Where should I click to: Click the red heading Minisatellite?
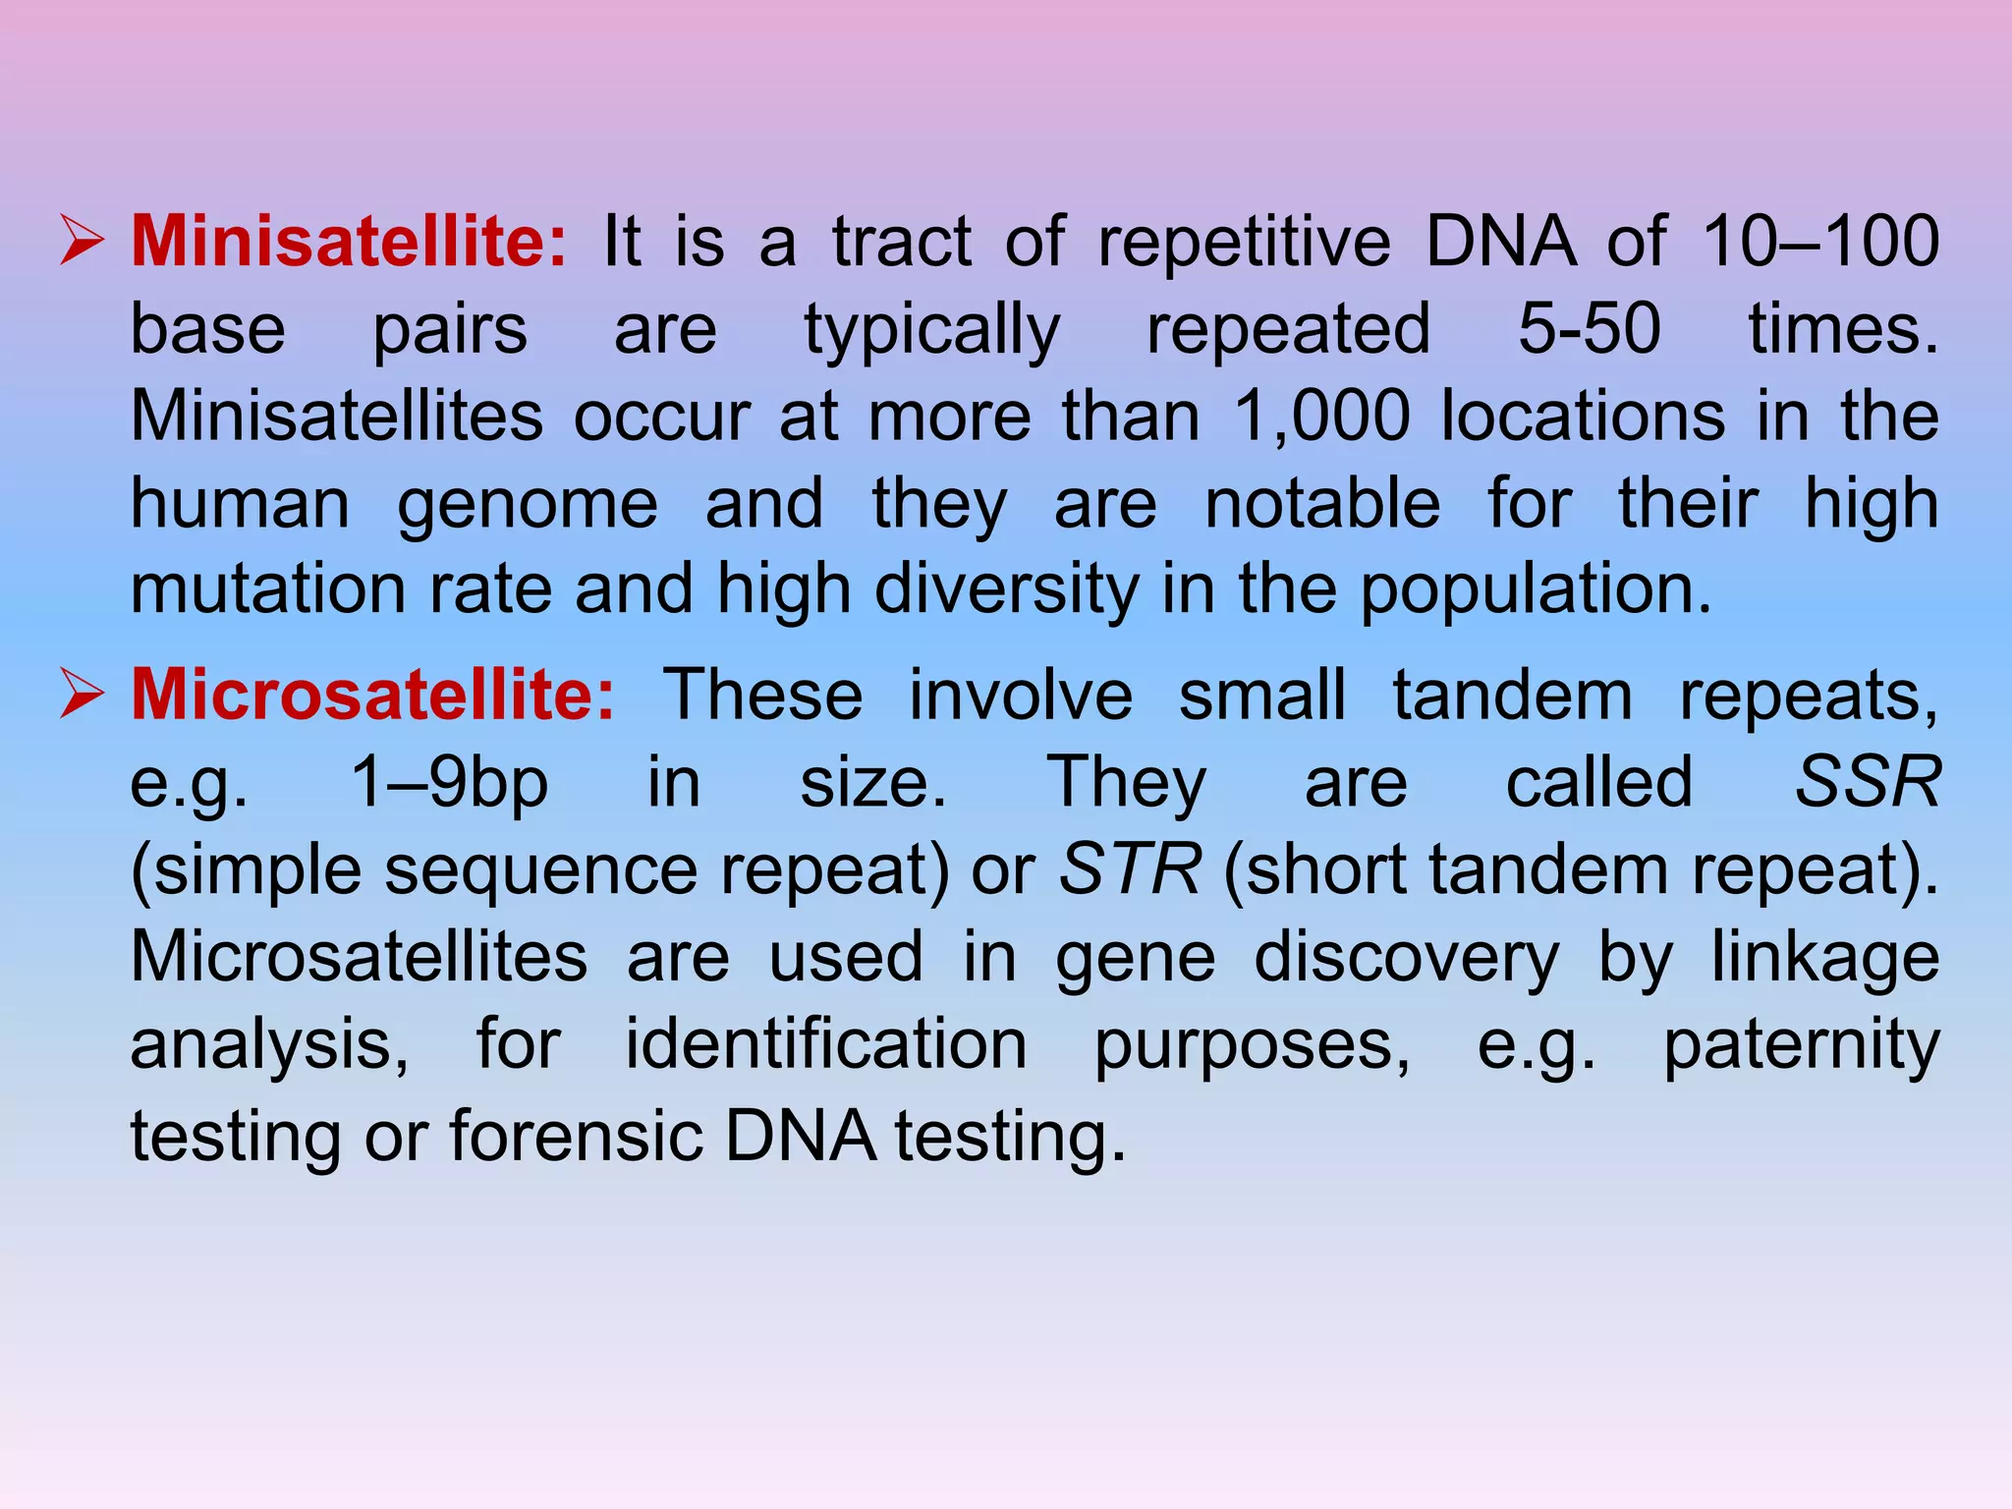pyautogui.click(x=349, y=241)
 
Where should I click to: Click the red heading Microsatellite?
pyautogui.click(x=372, y=695)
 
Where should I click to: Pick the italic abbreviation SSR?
pyautogui.click(x=1868, y=782)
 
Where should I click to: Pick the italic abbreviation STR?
pyautogui.click(x=1129, y=868)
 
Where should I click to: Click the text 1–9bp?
pyautogui.click(x=449, y=782)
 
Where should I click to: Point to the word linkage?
pyautogui.click(x=1824, y=958)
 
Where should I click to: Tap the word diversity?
pyautogui.click(x=1006, y=589)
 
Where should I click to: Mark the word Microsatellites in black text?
pyautogui.click(x=359, y=956)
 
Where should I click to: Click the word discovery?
pyautogui.click(x=1406, y=958)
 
